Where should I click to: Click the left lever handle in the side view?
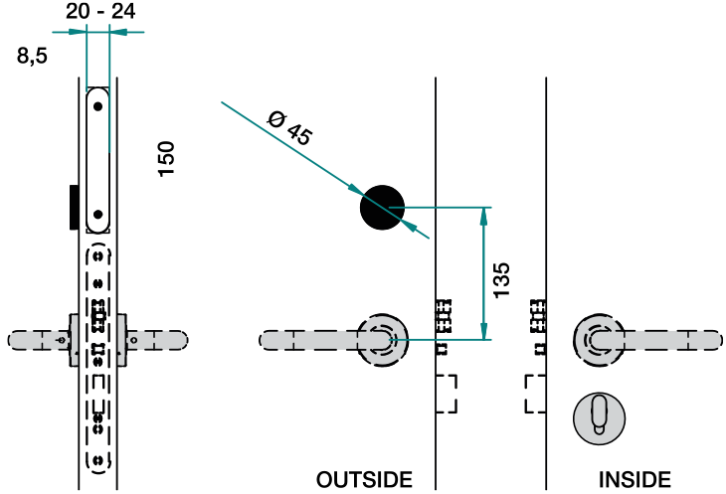coord(35,340)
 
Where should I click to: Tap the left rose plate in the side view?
coord(75,340)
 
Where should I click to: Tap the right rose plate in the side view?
coord(121,340)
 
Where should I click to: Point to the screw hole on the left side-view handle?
coord(61,340)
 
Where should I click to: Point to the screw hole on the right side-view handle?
coord(134,340)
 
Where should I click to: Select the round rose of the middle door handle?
coord(383,340)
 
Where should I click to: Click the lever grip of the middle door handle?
coord(308,340)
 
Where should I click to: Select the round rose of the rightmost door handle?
coord(599,340)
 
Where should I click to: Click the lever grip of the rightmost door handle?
coord(671,340)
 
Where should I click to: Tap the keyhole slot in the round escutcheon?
coord(599,413)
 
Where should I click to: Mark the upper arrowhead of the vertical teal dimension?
coord(483,216)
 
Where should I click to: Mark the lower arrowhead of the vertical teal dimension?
coord(483,330)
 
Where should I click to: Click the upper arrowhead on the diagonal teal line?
coord(355,188)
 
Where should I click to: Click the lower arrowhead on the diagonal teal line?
coord(410,227)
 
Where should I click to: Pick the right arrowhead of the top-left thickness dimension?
coord(119,32)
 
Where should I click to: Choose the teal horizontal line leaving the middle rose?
coord(438,339)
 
